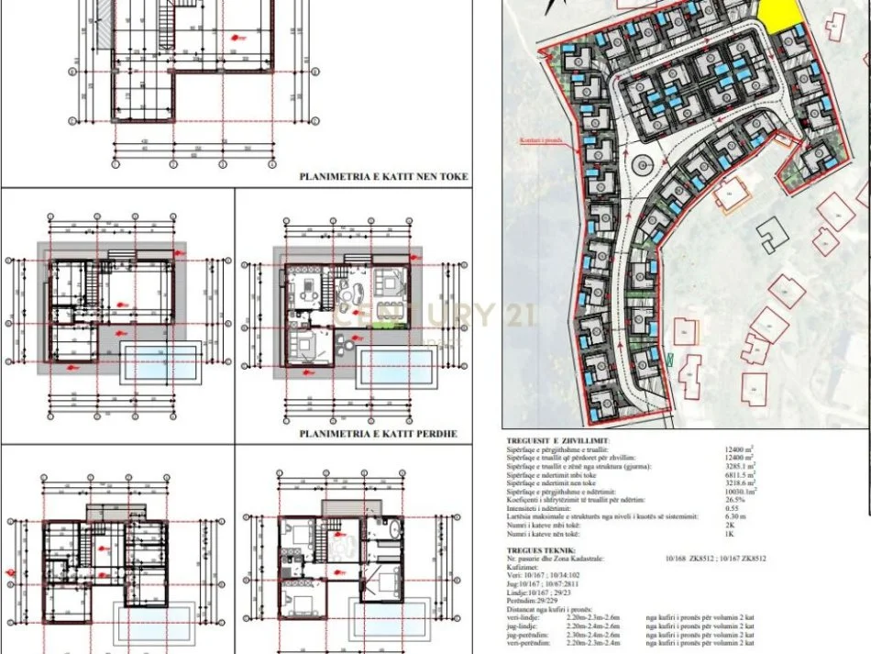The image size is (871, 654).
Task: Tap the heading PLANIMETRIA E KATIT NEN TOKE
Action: tap(384, 176)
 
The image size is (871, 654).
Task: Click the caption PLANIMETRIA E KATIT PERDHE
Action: tap(378, 433)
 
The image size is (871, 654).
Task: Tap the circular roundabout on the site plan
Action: tap(641, 166)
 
